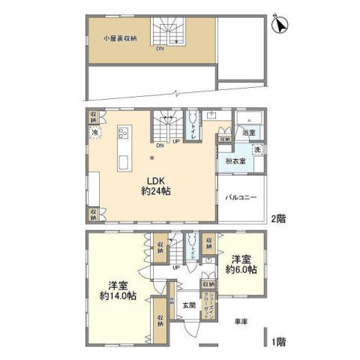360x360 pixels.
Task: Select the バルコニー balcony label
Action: pos(241,197)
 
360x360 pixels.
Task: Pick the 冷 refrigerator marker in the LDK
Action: pos(95,133)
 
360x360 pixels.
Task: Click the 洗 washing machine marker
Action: pos(256,150)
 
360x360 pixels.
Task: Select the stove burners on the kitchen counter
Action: pos(123,134)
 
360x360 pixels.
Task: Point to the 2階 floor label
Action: pos(277,219)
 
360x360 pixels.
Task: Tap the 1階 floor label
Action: pos(277,341)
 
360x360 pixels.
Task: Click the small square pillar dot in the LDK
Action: pos(154,157)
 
